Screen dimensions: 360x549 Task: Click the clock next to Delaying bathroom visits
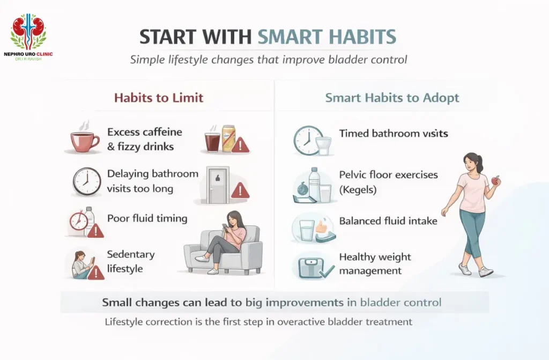86,181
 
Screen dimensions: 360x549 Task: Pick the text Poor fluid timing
147,218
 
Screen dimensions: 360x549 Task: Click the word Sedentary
131,254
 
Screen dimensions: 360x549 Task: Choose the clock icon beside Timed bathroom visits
308,141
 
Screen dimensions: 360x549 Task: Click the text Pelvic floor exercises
388,174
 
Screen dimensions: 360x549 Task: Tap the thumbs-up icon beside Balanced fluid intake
321,227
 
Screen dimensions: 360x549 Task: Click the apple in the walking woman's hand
496,181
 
